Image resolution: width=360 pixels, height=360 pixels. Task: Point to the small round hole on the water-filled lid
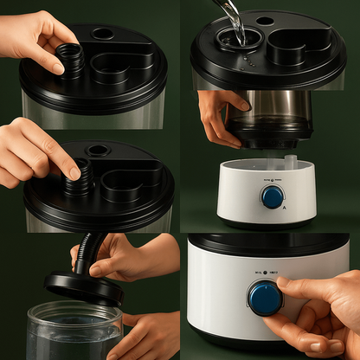pos(266,21)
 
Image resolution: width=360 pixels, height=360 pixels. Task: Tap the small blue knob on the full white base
pos(273,196)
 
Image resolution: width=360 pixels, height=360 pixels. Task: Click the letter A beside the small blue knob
pos(284,209)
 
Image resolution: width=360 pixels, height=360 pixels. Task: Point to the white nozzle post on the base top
pos(291,161)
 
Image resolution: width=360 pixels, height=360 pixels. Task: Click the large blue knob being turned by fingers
pos(265,298)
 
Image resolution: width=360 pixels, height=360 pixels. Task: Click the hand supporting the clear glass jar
pos(152,334)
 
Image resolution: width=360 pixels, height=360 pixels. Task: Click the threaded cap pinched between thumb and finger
pos(71,60)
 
